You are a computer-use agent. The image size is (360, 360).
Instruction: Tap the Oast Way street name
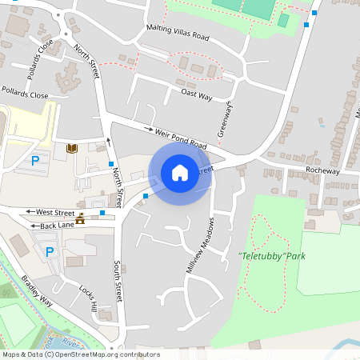point(196,94)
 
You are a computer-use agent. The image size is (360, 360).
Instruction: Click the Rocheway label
point(323,170)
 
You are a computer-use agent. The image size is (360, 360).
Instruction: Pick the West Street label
point(55,212)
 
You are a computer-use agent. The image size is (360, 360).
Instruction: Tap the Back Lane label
point(58,226)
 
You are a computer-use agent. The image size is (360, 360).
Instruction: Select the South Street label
point(118,281)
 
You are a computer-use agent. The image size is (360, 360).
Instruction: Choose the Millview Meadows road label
point(201,246)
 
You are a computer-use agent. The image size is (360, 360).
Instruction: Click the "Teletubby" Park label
point(272,256)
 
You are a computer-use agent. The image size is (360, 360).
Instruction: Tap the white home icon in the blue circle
point(180,173)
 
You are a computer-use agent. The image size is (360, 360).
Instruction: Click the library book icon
point(72,148)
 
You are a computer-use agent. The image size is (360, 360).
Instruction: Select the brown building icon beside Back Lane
point(81,219)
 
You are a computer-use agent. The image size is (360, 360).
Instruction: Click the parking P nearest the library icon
point(35,161)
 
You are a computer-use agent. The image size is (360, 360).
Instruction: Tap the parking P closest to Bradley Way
point(50,252)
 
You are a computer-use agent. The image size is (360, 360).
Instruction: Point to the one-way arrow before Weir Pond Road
point(149,128)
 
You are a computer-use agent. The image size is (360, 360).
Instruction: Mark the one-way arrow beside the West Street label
point(30,212)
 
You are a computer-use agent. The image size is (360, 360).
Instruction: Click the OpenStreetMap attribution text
point(80,354)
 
